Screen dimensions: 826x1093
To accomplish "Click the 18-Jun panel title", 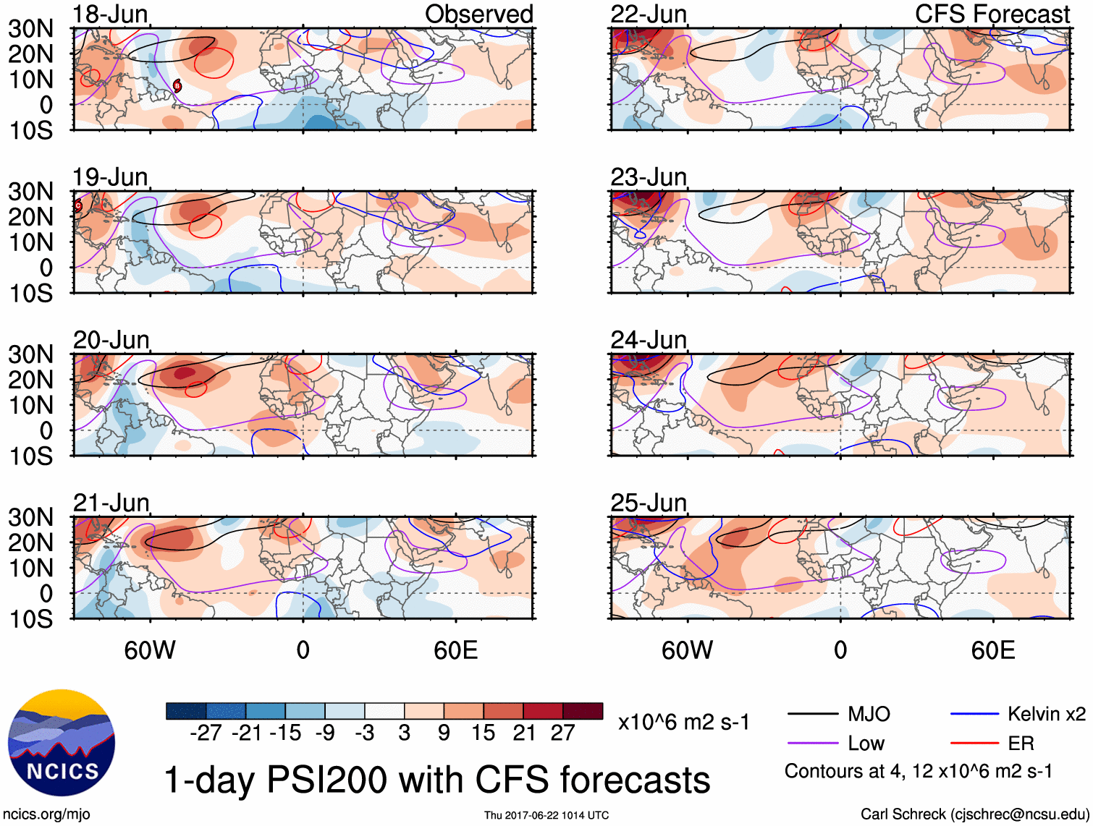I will (x=110, y=14).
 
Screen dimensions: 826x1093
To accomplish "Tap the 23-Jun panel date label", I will (x=649, y=176).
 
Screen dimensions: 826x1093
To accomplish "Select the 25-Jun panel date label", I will (x=649, y=502).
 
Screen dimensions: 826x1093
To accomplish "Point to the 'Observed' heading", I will (x=478, y=14).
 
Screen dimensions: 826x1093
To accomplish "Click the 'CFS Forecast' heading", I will (x=992, y=14).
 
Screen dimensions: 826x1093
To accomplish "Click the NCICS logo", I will (x=61, y=743).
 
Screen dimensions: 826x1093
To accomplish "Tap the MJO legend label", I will (x=869, y=714).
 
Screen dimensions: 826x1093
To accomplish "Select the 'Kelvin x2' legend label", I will (x=1046, y=714).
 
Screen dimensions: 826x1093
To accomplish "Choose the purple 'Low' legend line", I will (x=812, y=743).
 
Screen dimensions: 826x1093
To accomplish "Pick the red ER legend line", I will (x=974, y=743).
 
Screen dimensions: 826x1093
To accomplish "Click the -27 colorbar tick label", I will (x=206, y=733).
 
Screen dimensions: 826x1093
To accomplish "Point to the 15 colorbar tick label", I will (x=484, y=733).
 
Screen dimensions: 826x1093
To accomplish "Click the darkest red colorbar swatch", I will (x=583, y=711).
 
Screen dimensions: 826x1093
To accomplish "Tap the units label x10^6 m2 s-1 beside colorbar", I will (x=683, y=722).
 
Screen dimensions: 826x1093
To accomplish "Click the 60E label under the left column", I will (x=455, y=650).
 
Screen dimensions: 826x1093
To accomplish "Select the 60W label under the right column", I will (x=687, y=650).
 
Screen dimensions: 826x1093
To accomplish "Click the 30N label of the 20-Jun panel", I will (x=30, y=354).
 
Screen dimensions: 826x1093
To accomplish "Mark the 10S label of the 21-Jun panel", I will (x=30, y=619).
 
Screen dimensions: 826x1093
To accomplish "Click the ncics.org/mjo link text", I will (x=46, y=814).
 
